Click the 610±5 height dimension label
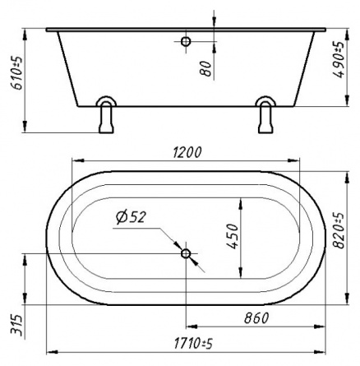coord(17,73)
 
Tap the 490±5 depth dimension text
coord(338,59)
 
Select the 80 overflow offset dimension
coord(206,68)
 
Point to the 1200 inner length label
coord(187,153)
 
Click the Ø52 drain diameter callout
coord(131,217)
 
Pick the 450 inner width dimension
coord(233,236)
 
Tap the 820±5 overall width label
coord(339,230)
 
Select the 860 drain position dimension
coord(256,318)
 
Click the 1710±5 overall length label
coord(193,344)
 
